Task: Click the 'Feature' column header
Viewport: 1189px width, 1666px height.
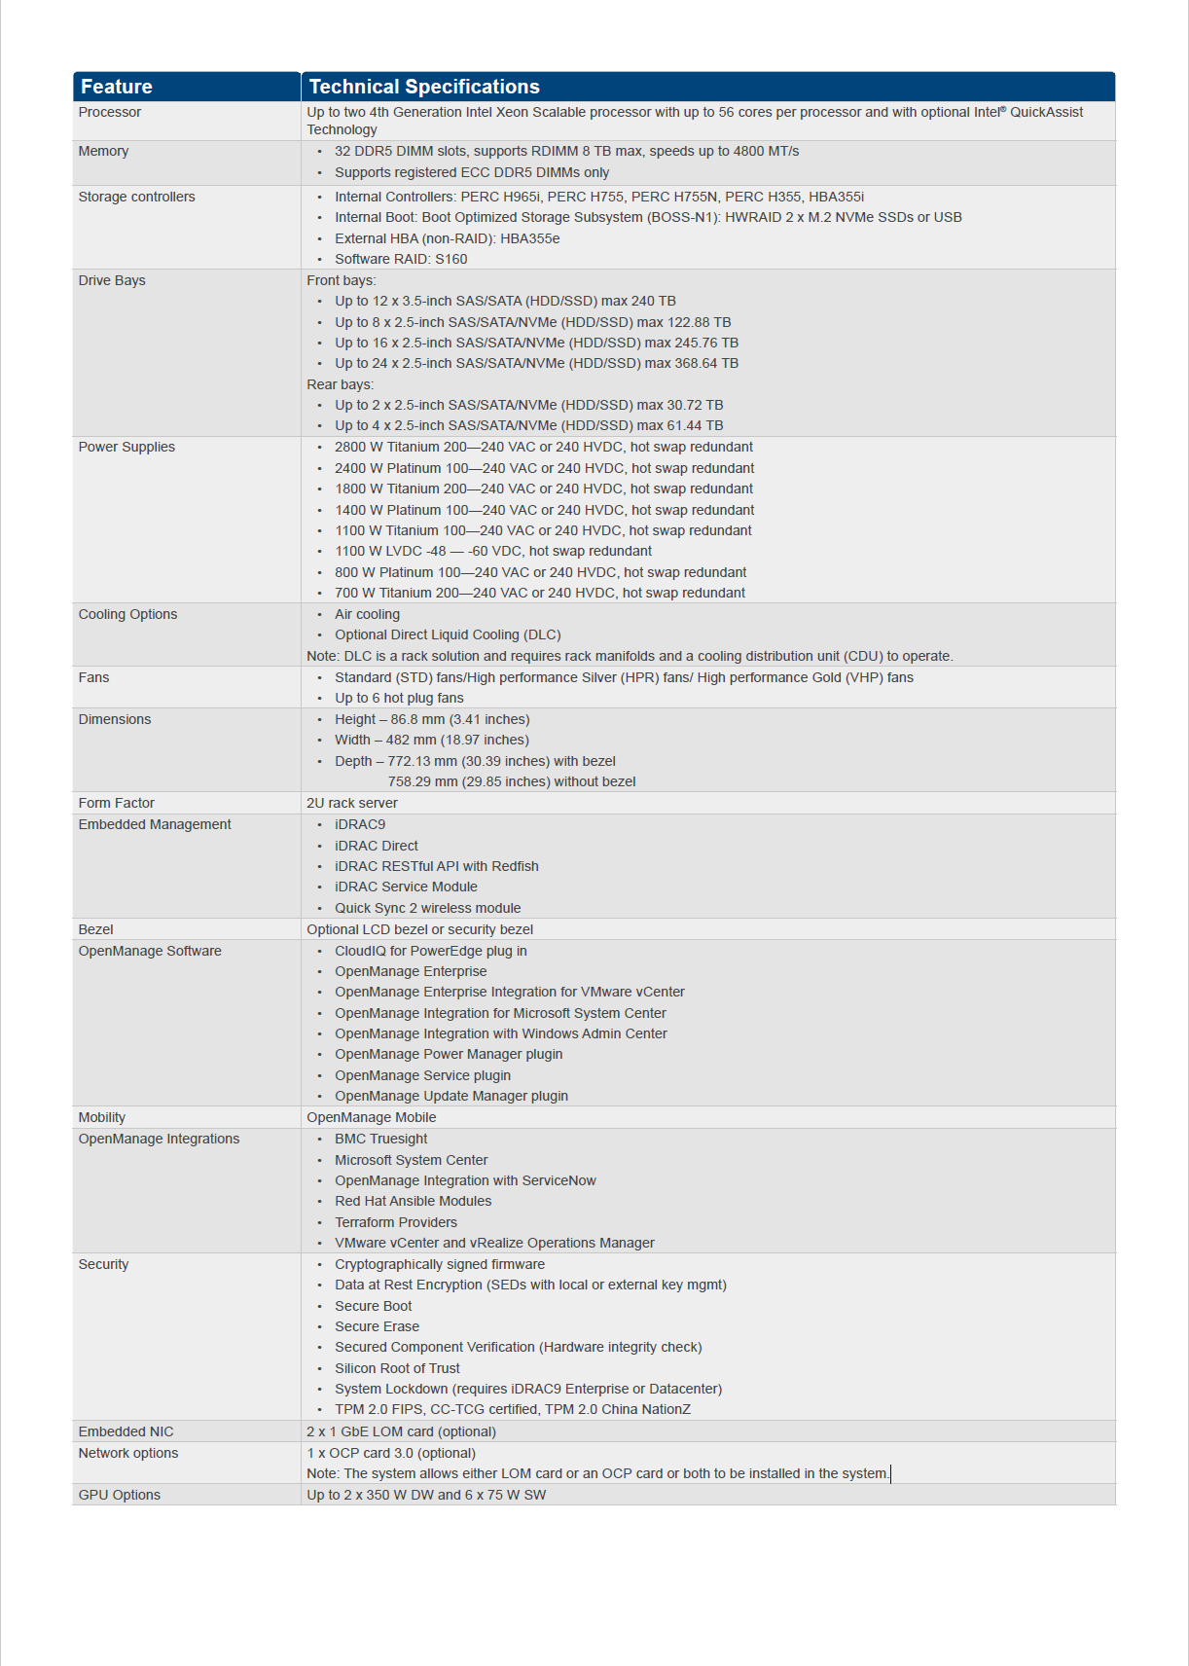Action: pyautogui.click(x=117, y=87)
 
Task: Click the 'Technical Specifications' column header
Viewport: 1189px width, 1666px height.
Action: pyautogui.click(x=424, y=87)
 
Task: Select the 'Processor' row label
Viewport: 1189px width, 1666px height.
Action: pyautogui.click(x=110, y=113)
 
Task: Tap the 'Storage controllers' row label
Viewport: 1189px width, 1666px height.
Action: pyautogui.click(x=137, y=197)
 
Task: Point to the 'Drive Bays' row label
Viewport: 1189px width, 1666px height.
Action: pyautogui.click(x=112, y=280)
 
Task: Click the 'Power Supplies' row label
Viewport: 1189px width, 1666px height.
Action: pyautogui.click(x=126, y=447)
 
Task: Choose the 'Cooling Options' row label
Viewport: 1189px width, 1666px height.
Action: pyautogui.click(x=127, y=614)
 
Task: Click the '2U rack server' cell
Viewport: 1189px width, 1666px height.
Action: pyautogui.click(x=352, y=803)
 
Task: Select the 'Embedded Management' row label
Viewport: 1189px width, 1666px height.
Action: pyautogui.click(x=155, y=824)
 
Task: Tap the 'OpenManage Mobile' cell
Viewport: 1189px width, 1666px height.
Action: pyautogui.click(x=372, y=1117)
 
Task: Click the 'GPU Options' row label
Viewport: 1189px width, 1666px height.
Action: pyautogui.click(x=120, y=1495)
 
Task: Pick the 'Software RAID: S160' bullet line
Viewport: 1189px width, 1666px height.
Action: pyautogui.click(x=401, y=259)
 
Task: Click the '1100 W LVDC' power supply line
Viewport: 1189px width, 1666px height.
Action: pyautogui.click(x=493, y=551)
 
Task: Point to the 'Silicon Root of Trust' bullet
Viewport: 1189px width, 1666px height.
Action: pyautogui.click(x=397, y=1368)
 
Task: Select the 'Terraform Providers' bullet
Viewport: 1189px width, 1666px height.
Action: pyautogui.click(x=396, y=1222)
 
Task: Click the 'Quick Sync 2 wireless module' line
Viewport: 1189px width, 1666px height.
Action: pyautogui.click(x=428, y=908)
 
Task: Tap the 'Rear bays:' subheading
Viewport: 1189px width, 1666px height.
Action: pyautogui.click(x=341, y=384)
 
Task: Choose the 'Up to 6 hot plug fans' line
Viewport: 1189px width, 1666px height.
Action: pyautogui.click(x=399, y=698)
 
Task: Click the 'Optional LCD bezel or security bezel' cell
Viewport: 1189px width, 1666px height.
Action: pyautogui.click(x=420, y=929)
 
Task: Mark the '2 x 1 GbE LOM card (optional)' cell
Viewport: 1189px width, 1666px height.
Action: pyautogui.click(x=402, y=1431)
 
